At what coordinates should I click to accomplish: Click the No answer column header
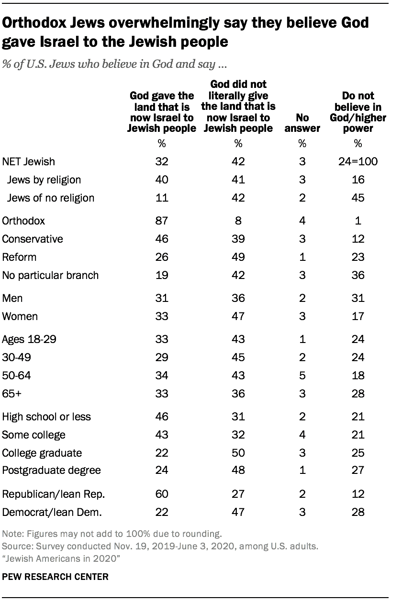[302, 123]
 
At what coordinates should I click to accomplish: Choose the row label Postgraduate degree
[52, 470]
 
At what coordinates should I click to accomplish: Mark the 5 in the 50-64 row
[302, 375]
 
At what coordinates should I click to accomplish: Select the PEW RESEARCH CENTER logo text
[56, 577]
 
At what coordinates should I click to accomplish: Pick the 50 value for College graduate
[238, 452]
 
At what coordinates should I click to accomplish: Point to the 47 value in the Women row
[238, 316]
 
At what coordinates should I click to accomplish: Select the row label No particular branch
[51, 275]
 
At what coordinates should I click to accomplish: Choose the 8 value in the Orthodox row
[238, 221]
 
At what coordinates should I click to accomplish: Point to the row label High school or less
[47, 417]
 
